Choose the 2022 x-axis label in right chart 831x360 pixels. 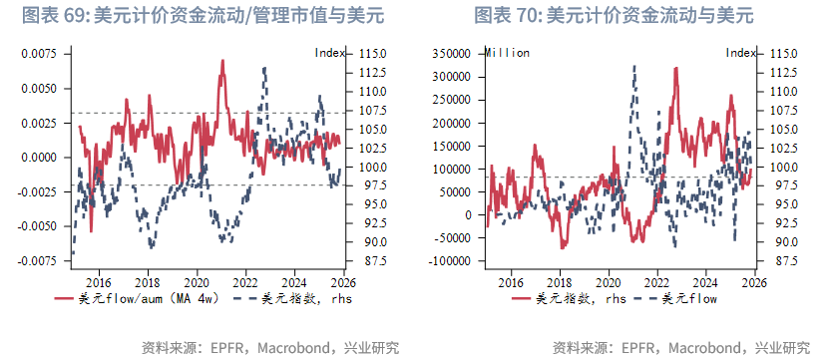coord(657,282)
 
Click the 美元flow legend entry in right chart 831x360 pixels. coord(689,298)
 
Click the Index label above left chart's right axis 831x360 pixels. coord(330,52)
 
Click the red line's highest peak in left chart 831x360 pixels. coord(221,61)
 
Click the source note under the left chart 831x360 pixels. coord(270,347)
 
